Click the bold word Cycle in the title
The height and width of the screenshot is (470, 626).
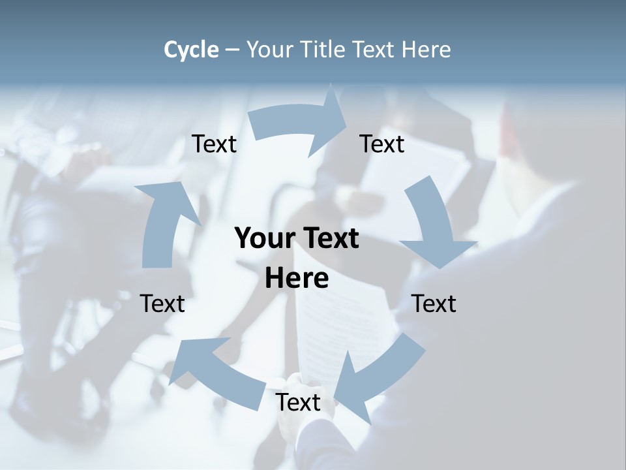pyautogui.click(x=191, y=50)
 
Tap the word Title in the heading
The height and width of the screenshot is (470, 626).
pyautogui.click(x=323, y=50)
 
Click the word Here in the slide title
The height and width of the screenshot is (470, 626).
pyautogui.click(x=426, y=50)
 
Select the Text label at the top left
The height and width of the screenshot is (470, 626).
pyautogui.click(x=215, y=144)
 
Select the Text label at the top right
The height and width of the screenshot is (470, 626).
pyautogui.click(x=382, y=144)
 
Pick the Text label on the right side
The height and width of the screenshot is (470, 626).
pyautogui.click(x=434, y=304)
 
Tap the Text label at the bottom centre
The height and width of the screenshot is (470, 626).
pyautogui.click(x=298, y=403)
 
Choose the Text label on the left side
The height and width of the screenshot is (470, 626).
pyautogui.click(x=162, y=304)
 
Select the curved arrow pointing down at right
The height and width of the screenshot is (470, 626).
pyautogui.click(x=434, y=222)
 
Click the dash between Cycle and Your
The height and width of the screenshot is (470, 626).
pyautogui.click(x=233, y=50)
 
